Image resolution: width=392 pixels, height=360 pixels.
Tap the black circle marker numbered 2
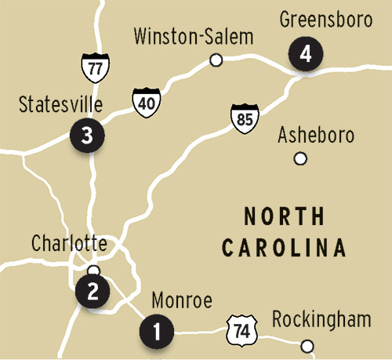click(x=93, y=293)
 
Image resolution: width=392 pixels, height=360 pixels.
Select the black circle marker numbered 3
click(x=85, y=135)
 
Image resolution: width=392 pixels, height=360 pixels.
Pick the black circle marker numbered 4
click(x=305, y=55)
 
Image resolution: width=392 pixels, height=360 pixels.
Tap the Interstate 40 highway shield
click(x=146, y=104)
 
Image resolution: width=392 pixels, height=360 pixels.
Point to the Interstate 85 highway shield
click(x=244, y=118)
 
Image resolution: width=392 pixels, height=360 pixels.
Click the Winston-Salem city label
click(x=194, y=36)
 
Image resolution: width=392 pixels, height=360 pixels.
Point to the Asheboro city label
click(x=317, y=135)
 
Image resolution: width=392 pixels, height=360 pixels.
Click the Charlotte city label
click(x=68, y=243)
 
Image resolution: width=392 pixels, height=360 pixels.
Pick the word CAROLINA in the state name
click(x=284, y=249)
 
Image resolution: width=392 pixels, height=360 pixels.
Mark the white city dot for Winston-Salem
click(x=217, y=59)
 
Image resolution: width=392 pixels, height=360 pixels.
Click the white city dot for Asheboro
click(x=299, y=159)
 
